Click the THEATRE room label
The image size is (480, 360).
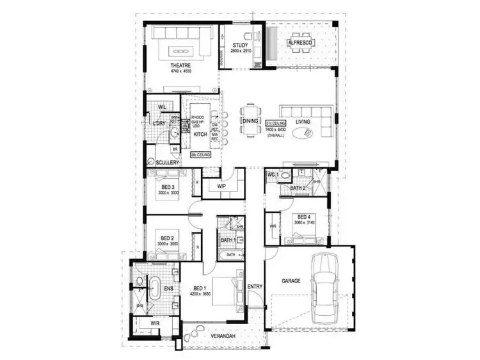176,65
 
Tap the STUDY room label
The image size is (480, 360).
240,45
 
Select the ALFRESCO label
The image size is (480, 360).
300,42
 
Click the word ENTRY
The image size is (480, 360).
255,286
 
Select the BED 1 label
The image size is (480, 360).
198,289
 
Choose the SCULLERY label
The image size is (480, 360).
166,163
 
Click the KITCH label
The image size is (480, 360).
200,135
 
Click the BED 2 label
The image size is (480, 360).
167,238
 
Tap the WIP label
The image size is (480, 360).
222,186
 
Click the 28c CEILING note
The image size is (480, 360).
200,155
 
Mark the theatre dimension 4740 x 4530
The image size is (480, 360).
181,71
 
